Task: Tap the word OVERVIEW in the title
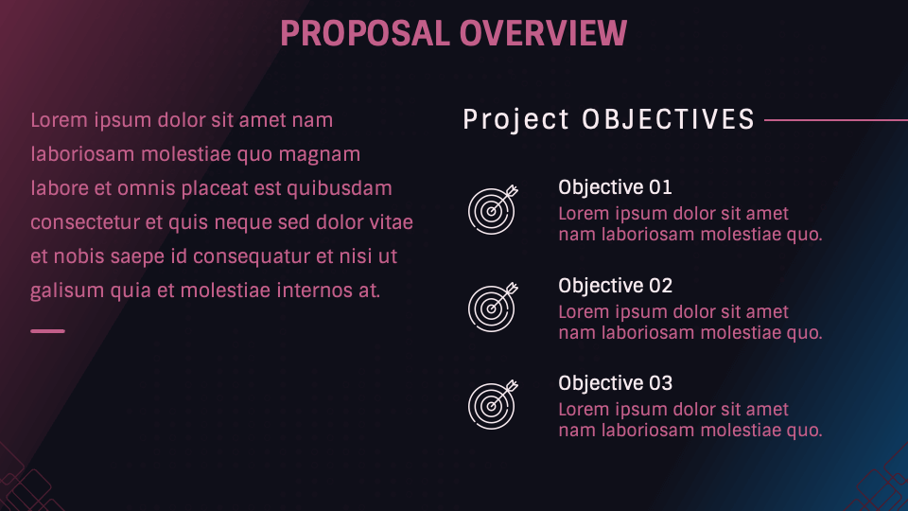pos(543,33)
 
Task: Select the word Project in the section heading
pos(516,120)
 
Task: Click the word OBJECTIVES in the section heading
pos(668,120)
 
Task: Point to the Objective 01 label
pos(615,187)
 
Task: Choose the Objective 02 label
pos(615,286)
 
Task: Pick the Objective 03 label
pos(615,383)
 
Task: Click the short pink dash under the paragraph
pos(47,331)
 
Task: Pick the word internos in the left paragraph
pos(316,291)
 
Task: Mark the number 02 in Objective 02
pos(659,286)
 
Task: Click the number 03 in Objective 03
pos(659,383)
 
